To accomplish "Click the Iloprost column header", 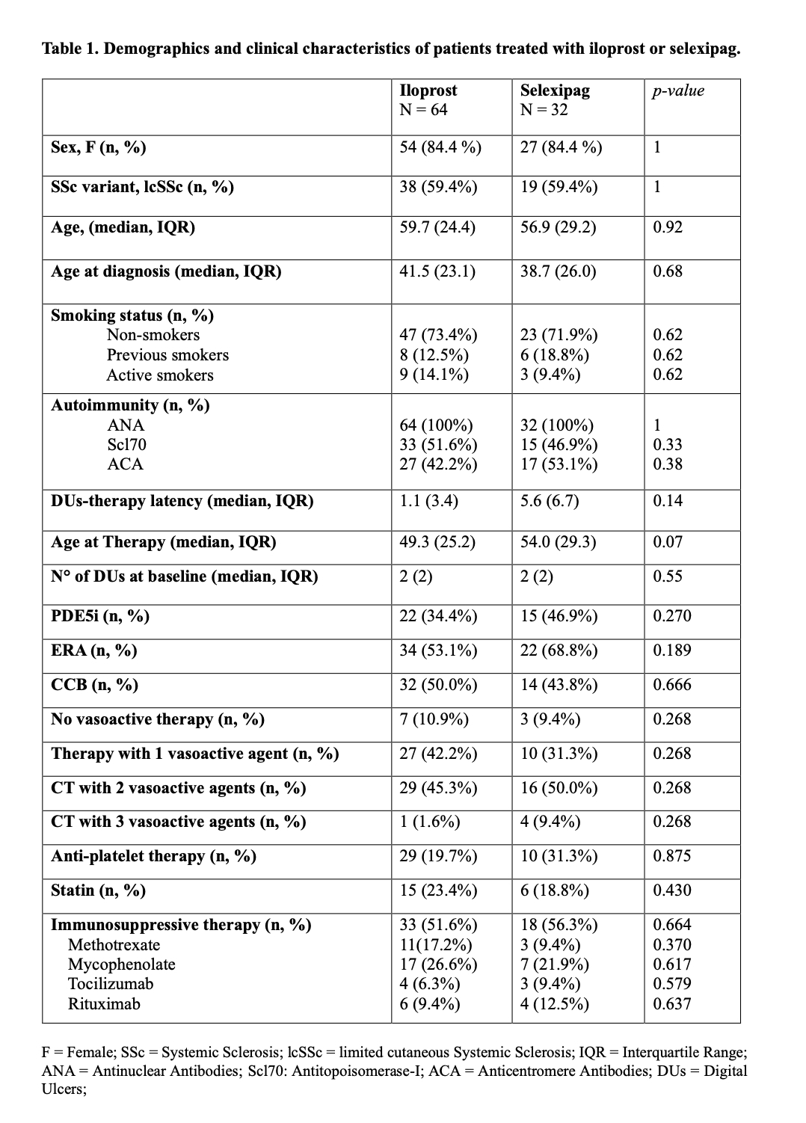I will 428,90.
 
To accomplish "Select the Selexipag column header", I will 555,90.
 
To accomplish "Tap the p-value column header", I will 677,90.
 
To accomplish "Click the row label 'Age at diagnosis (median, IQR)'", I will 166,271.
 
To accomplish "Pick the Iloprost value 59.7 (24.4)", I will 437,227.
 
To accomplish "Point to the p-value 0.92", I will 668,227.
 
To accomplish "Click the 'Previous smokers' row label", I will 167,355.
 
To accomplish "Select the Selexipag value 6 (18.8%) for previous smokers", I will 555,355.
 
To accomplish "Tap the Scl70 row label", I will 126,445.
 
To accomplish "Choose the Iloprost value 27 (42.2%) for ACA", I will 438,464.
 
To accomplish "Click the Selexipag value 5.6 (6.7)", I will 550,501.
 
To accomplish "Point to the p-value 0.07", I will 668,542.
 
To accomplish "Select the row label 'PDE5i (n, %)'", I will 100,616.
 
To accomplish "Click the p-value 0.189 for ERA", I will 671,650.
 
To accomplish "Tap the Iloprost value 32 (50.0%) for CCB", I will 438,685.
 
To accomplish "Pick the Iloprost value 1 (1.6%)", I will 429,822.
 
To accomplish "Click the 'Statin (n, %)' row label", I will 98,890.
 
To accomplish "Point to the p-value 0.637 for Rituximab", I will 671,1004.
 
